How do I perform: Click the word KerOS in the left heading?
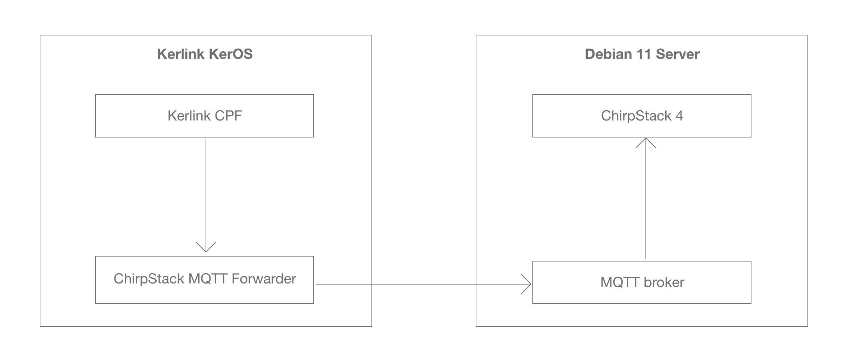click(230, 54)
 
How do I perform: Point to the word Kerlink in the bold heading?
click(181, 54)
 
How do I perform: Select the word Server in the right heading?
click(678, 54)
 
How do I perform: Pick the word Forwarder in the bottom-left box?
click(264, 279)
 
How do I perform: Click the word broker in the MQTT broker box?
click(664, 282)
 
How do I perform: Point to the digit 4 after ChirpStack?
click(679, 116)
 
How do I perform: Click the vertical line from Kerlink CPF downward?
click(206, 191)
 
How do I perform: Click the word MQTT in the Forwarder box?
click(208, 279)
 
